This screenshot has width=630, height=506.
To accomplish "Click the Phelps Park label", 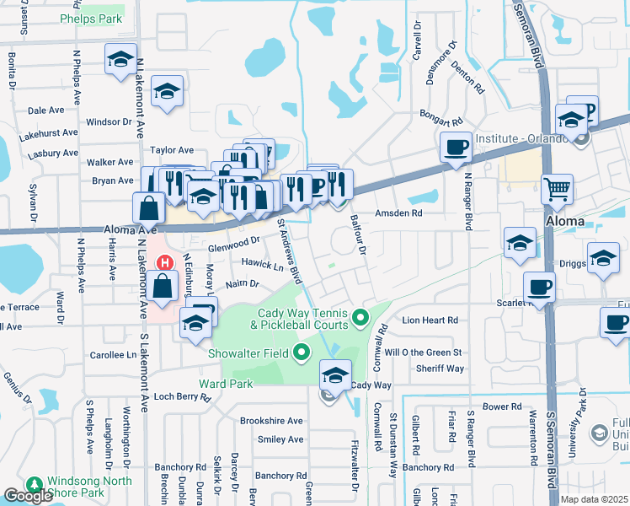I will [91, 19].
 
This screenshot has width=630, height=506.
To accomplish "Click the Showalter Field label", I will [253, 353].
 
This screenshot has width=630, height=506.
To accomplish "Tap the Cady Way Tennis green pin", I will [361, 318].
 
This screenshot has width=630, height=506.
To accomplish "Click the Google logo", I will [27, 496].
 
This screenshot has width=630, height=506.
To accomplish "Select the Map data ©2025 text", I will [594, 499].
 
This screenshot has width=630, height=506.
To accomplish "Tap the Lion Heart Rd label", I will [430, 320].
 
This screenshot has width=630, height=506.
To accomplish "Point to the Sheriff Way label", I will [440, 369].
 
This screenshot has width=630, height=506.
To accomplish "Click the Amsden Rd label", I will [398, 213].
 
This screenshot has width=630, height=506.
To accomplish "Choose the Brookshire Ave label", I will [270, 421].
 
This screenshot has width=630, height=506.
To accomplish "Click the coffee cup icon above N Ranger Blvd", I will [456, 148].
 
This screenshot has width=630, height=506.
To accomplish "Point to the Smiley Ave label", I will [280, 439].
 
